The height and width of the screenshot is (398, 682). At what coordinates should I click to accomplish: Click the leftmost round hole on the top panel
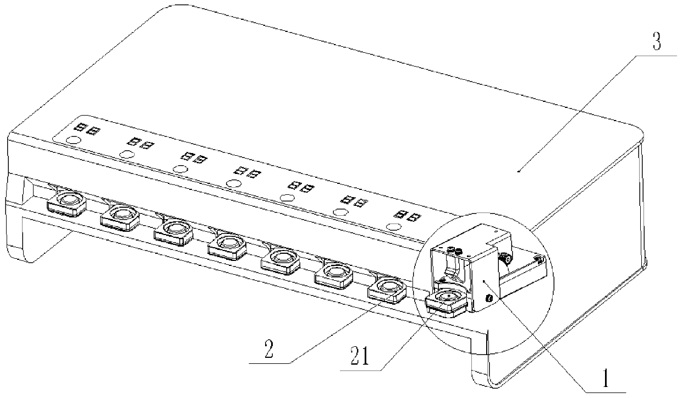(x=72, y=141)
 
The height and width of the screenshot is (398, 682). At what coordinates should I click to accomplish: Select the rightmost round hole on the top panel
(x=393, y=226)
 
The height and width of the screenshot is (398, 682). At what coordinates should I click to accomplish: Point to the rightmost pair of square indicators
(x=409, y=214)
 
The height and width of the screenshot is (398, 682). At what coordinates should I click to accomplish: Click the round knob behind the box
(x=505, y=257)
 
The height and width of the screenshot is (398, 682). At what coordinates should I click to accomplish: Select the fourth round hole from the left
(x=233, y=183)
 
